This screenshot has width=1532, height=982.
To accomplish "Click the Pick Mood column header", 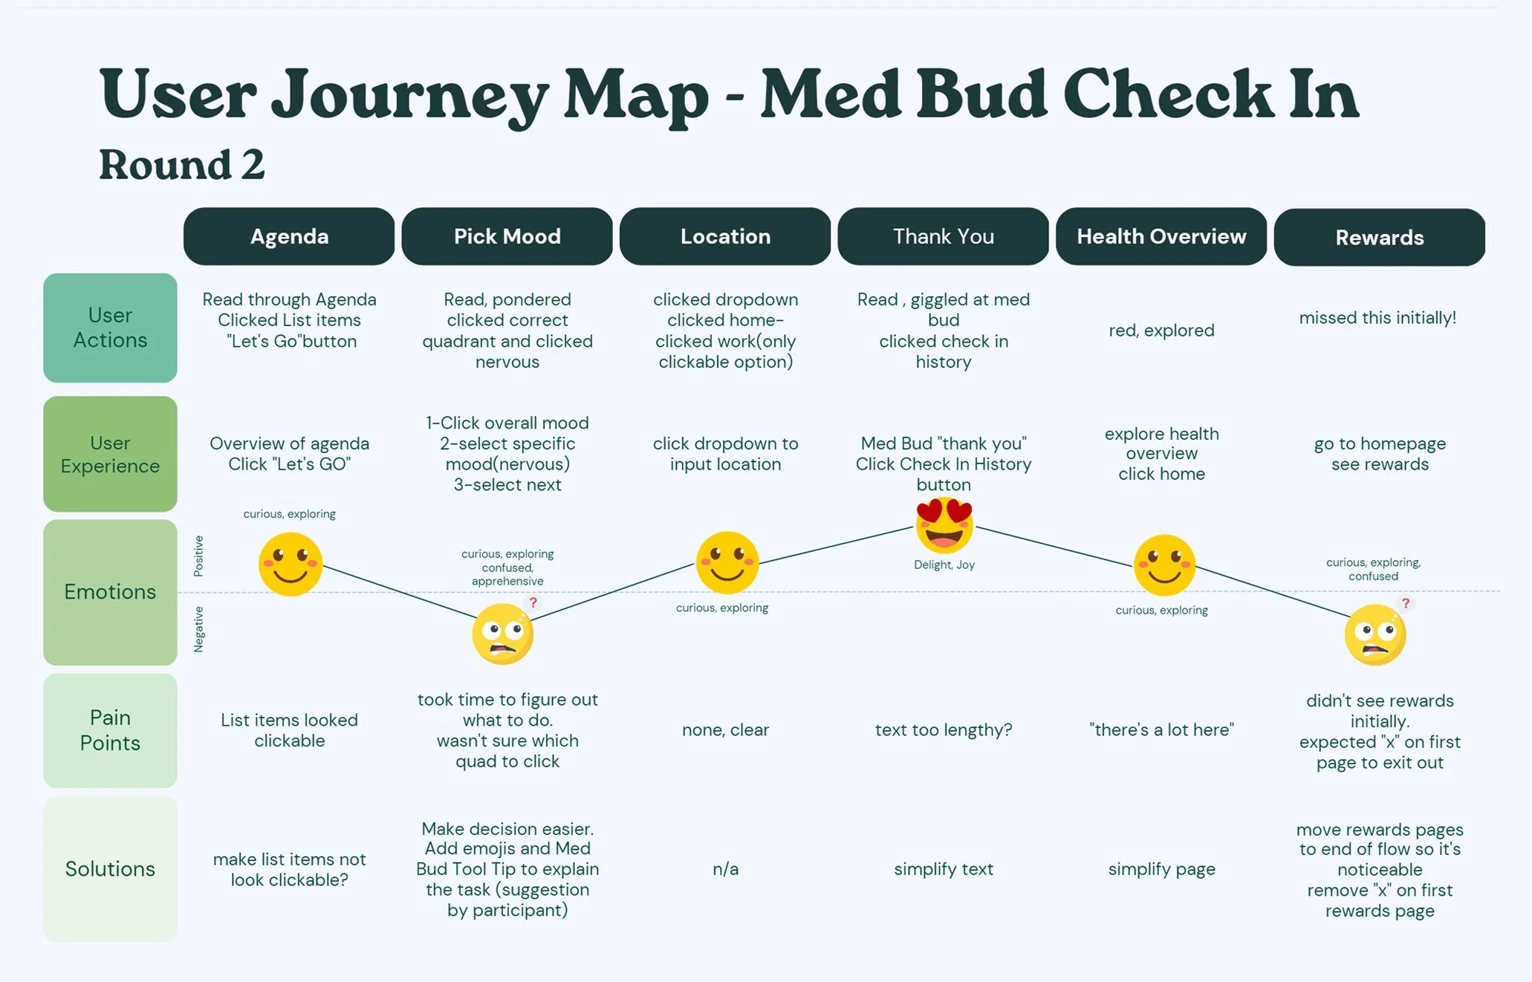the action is click(507, 236).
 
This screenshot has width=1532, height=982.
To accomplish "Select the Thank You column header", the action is click(944, 236).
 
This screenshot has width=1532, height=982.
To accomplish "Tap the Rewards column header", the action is click(1380, 237).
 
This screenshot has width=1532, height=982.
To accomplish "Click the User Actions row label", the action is click(110, 328).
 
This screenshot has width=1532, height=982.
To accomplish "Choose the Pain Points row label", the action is click(110, 730).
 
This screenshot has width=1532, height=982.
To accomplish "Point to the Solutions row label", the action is click(110, 869).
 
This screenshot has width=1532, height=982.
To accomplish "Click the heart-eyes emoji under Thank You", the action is click(944, 526).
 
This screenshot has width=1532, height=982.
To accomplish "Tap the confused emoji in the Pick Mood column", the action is click(503, 634).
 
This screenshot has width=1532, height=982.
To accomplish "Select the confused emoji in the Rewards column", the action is click(1375, 634).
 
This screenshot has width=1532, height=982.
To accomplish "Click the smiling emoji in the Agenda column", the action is click(291, 565).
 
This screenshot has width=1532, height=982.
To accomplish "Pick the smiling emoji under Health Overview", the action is click(1164, 565).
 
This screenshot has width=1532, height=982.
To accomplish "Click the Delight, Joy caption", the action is click(944, 565).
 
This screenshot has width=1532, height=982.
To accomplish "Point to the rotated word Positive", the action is click(198, 556).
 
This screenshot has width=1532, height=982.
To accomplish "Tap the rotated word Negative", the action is click(198, 629).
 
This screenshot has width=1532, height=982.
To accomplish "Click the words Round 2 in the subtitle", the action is click(182, 164).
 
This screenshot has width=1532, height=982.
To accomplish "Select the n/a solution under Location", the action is click(726, 869).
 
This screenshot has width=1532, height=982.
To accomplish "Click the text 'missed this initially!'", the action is click(1377, 318).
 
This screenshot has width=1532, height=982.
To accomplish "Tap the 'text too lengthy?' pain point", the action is click(944, 730).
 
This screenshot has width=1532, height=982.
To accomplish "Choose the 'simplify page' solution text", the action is click(1162, 869).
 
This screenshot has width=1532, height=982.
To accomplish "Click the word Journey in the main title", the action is click(409, 95).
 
